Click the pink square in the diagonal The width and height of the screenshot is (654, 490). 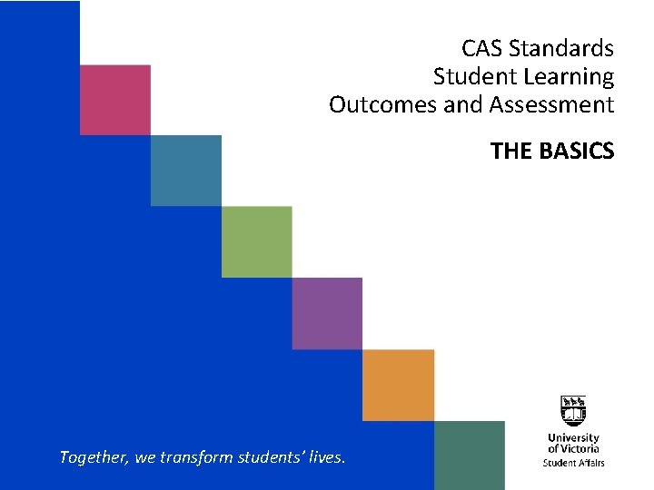[114, 100]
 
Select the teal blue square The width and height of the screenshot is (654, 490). [185, 171]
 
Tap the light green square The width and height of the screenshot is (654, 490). [256, 241]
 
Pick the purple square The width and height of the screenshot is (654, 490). [327, 313]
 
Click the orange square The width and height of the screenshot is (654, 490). [398, 385]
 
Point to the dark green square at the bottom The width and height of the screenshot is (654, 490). [469, 456]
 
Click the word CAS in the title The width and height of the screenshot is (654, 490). [482, 48]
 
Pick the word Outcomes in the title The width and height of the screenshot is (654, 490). [382, 105]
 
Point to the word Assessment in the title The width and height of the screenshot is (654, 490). [551, 105]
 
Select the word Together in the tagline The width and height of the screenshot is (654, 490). [94, 457]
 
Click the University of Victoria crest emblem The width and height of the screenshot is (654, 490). [573, 412]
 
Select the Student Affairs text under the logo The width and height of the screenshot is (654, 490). [573, 463]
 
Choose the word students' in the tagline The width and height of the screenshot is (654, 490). [271, 457]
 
